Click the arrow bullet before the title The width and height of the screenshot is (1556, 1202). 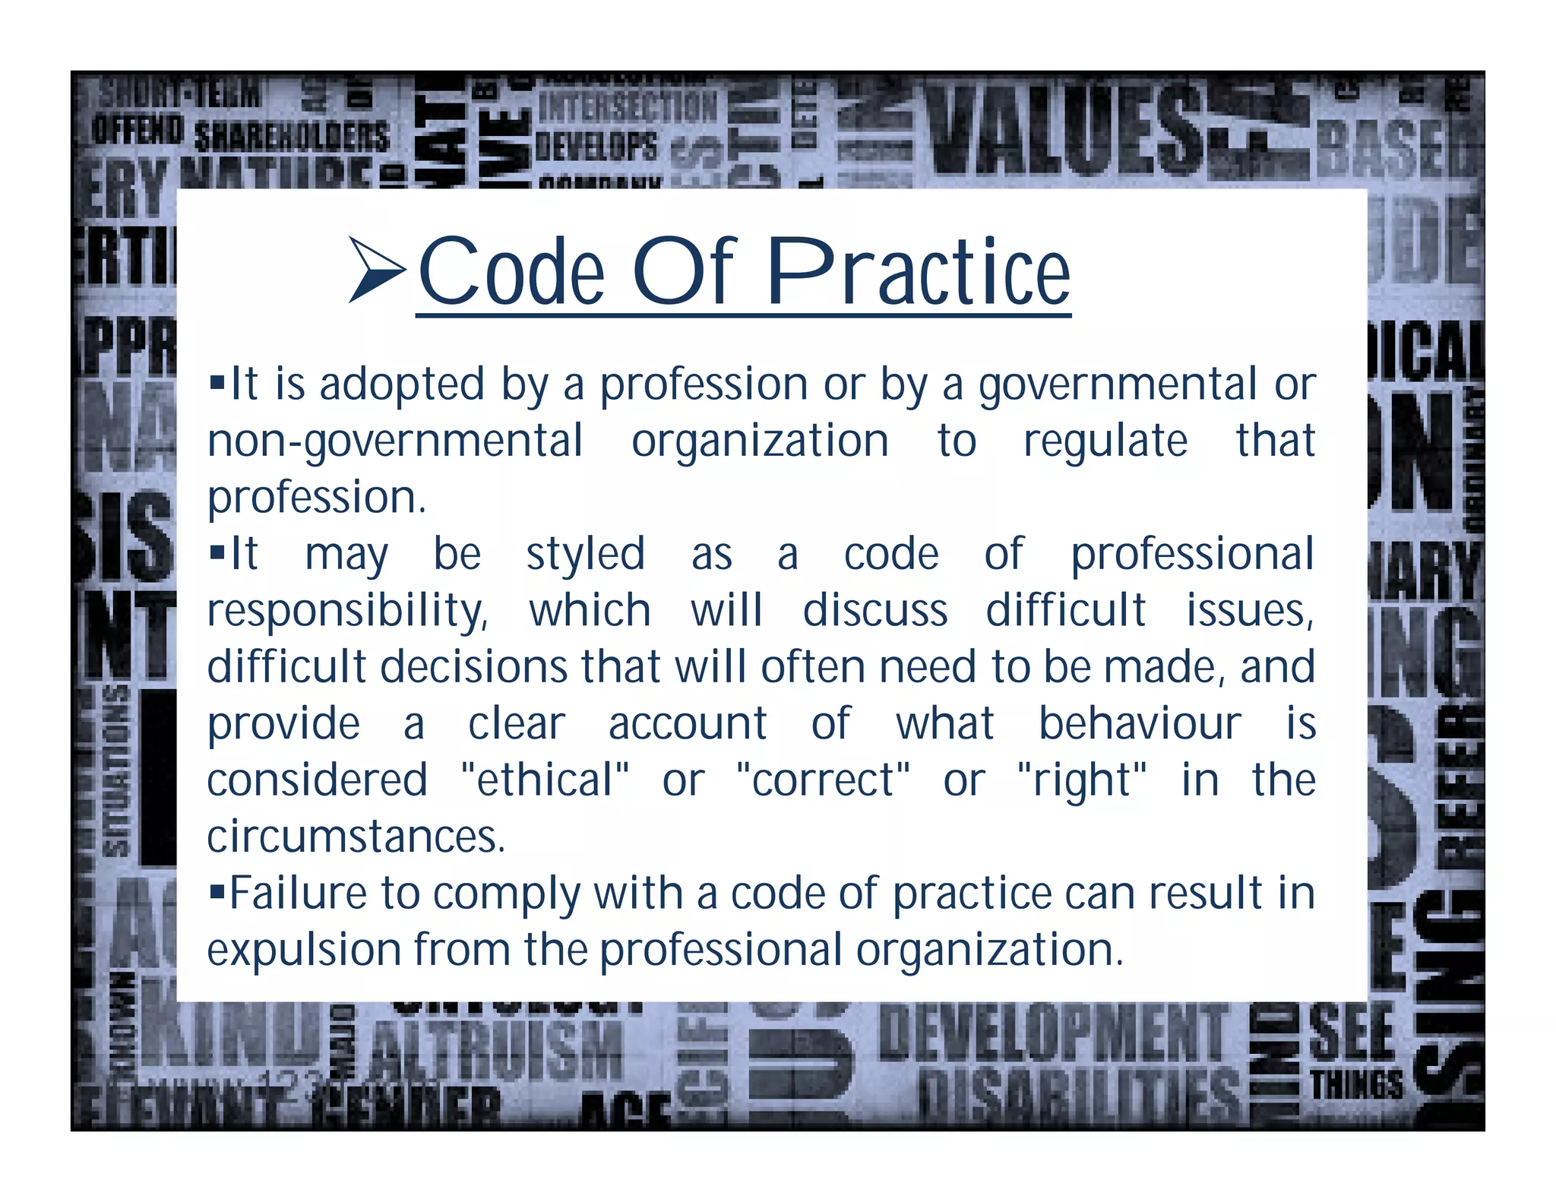375,270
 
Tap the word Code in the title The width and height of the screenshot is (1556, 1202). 511,271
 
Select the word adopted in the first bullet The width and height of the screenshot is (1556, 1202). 401,384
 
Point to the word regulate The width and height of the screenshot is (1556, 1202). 1105,441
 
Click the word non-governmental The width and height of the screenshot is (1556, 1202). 395,441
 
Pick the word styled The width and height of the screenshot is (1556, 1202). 585,554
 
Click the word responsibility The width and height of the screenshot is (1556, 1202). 346,611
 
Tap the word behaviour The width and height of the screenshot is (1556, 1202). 1140,723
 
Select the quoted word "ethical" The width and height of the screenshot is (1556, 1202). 545,780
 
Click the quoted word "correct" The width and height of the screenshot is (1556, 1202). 823,780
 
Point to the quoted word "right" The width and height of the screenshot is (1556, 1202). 1081,780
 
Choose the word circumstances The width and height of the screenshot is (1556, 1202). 356,837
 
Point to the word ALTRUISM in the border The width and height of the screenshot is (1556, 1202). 497,1050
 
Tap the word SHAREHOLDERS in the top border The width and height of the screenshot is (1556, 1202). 292,138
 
